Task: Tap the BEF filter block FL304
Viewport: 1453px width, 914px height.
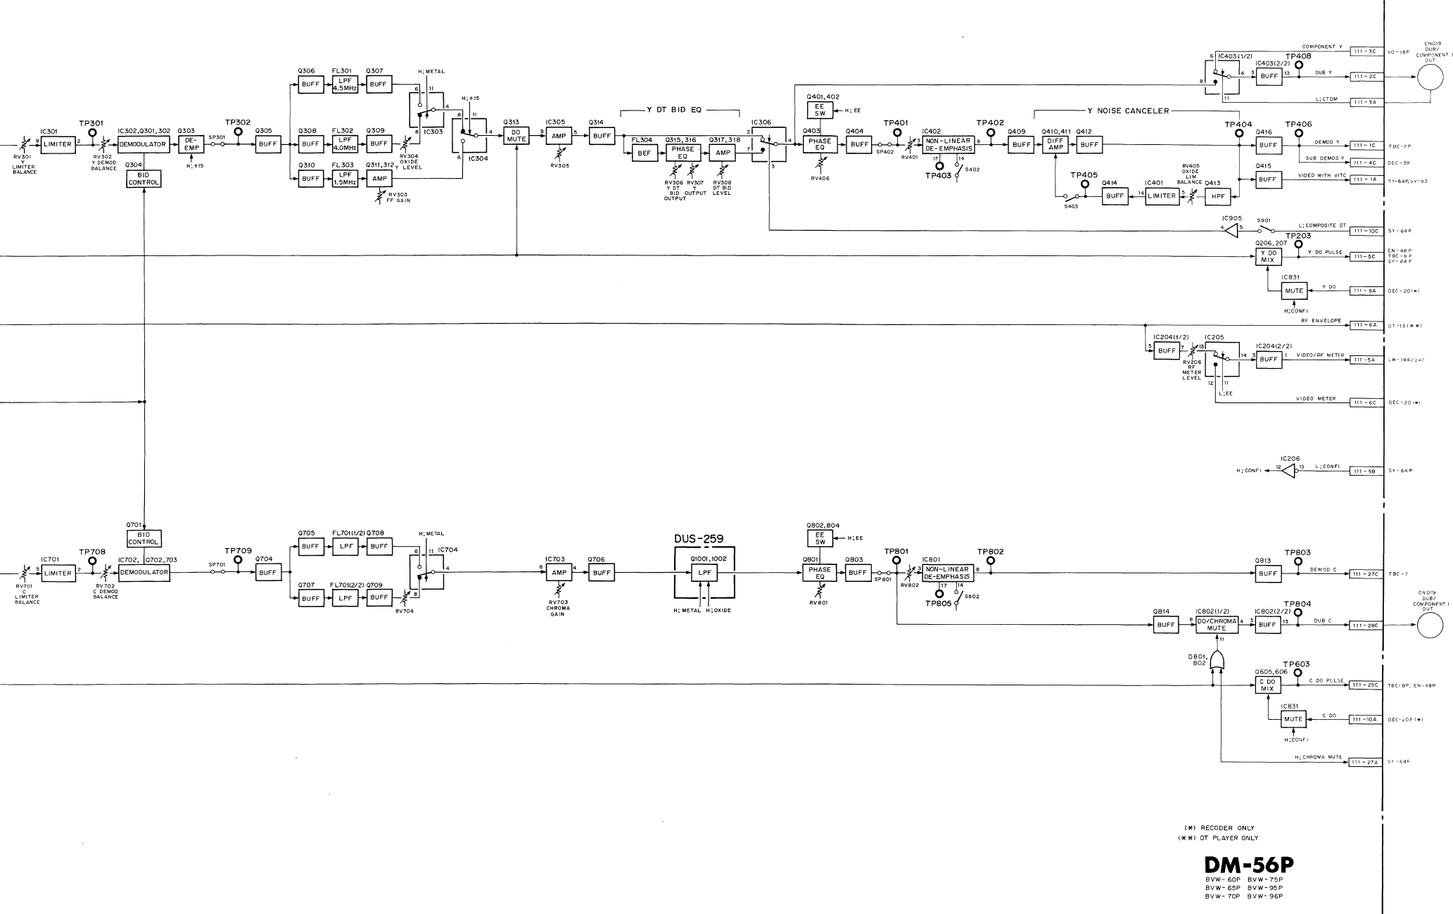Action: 642,155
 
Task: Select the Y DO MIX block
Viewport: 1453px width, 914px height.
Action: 1267,256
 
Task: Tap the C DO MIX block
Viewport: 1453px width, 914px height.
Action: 1267,685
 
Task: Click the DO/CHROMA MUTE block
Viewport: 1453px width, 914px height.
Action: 1216,624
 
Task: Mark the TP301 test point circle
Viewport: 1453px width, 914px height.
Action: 91,132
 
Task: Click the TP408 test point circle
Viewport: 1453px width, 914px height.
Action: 1298,65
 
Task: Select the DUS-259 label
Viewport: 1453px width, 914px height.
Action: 704,540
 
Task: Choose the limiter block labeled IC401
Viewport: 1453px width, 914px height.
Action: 1162,196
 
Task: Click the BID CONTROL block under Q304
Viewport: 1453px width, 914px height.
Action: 144,179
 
